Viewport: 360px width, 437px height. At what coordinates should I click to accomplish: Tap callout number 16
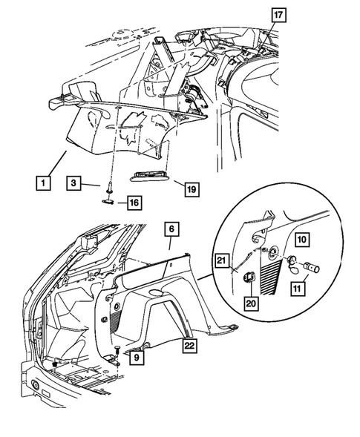tap(133, 202)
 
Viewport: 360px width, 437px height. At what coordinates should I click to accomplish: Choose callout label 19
tap(192, 190)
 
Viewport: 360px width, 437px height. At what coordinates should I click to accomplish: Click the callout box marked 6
tap(170, 231)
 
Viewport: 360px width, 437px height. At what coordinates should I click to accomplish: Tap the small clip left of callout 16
tap(108, 199)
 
